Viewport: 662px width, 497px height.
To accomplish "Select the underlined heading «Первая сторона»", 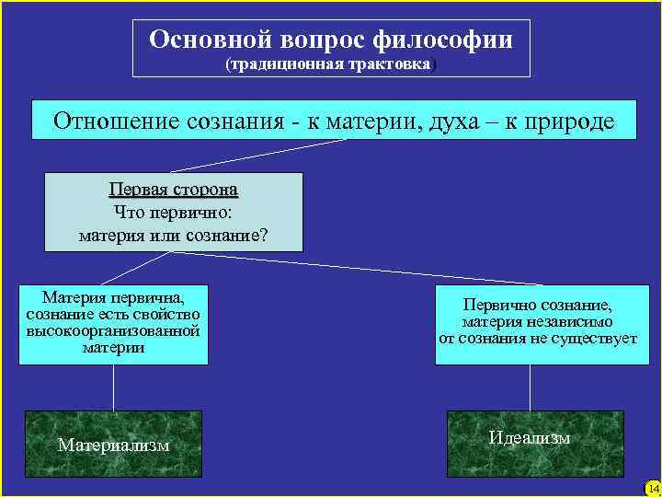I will (x=173, y=190).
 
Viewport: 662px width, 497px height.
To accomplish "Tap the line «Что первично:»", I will (x=173, y=212).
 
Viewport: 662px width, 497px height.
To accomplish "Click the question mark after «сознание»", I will (x=264, y=235).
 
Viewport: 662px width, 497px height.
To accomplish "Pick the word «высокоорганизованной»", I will (x=113, y=330).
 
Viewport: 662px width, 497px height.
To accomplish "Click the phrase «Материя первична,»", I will (x=113, y=298).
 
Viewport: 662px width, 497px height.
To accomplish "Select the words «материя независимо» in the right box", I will (x=537, y=322).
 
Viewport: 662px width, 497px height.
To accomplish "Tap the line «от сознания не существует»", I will (x=537, y=339).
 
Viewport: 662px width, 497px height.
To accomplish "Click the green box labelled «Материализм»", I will (x=113, y=445).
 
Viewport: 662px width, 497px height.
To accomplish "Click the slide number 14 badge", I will (x=652, y=487).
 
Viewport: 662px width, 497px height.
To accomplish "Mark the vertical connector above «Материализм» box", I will (x=113, y=387).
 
